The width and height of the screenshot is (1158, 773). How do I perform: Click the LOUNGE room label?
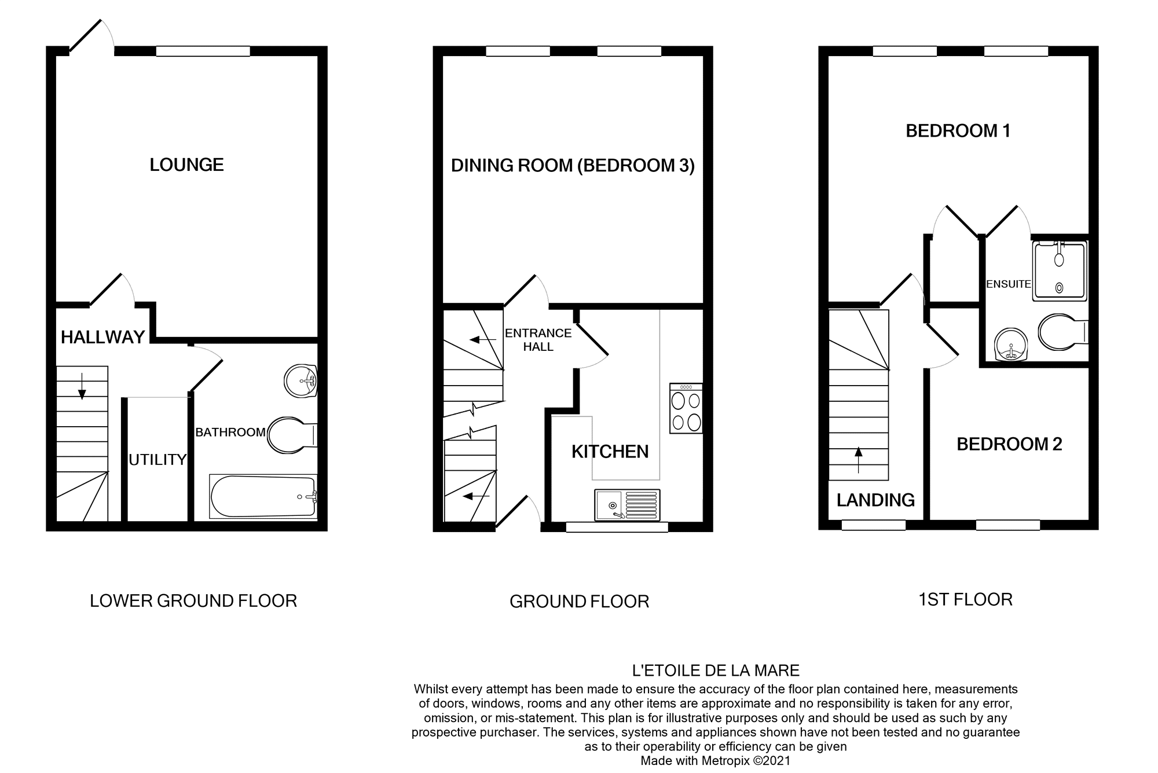tap(186, 165)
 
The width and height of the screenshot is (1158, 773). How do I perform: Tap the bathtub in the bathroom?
tap(263, 497)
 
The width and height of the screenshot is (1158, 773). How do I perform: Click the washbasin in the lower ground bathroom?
tap(300, 381)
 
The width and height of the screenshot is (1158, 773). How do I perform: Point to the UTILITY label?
tap(157, 460)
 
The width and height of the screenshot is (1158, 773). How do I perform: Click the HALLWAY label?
tap(102, 337)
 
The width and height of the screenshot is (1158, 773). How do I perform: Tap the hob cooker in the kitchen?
tap(686, 408)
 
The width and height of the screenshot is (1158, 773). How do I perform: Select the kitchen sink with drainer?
tap(627, 505)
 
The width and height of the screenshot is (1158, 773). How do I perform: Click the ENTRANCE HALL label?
tap(538, 340)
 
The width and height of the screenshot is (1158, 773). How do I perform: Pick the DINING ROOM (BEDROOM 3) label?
tap(573, 166)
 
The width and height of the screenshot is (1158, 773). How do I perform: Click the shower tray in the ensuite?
tap(1059, 270)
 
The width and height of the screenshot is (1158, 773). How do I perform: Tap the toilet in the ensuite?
tap(1062, 332)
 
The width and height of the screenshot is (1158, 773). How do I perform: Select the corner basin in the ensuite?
tap(1010, 345)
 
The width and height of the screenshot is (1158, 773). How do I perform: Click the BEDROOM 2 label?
tap(1009, 444)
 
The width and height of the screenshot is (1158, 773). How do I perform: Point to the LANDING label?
tap(875, 500)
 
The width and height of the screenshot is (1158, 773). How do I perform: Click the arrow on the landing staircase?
tap(858, 460)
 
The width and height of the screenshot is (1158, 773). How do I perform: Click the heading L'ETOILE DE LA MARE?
tap(716, 671)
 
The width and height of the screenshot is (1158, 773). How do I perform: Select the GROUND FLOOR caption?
tap(579, 602)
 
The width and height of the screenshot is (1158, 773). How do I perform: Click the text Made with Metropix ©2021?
tap(715, 761)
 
